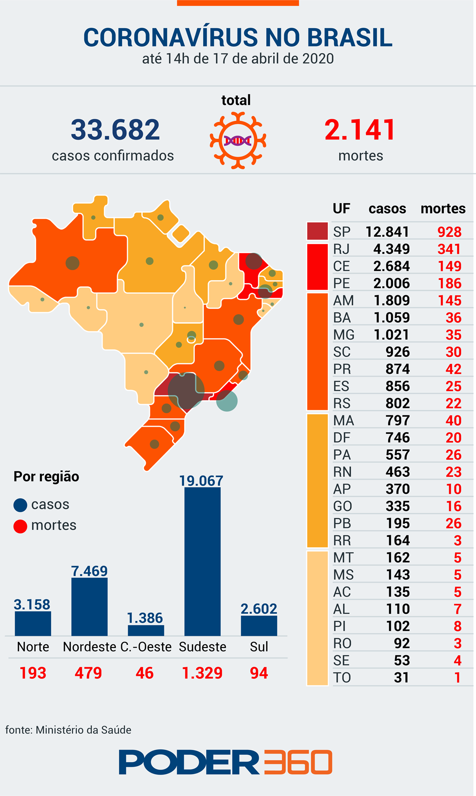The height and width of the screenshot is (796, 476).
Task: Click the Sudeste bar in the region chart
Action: tap(202, 561)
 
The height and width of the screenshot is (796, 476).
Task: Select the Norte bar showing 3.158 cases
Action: tap(33, 623)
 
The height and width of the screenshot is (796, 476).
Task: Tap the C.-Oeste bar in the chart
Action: tap(146, 630)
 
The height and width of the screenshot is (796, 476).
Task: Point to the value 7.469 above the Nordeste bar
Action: tap(89, 571)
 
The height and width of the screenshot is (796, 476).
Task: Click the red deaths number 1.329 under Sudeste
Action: tap(202, 673)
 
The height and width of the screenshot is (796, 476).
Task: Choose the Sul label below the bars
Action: tap(259, 646)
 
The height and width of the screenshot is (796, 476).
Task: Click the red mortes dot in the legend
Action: tap(20, 526)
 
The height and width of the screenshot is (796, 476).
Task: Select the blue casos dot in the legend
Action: tap(20, 505)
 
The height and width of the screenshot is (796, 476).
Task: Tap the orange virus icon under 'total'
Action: tap(238, 140)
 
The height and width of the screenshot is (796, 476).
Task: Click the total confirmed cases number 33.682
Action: tap(115, 129)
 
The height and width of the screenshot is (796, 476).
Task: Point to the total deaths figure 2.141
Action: tap(360, 129)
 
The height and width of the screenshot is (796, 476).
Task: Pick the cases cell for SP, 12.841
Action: tap(387, 232)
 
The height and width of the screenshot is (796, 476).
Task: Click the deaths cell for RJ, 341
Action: tap(450, 249)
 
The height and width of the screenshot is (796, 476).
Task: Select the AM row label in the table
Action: tap(343, 300)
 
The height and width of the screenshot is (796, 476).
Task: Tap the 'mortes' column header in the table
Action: tap(443, 209)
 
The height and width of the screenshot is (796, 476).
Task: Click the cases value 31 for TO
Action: tap(401, 677)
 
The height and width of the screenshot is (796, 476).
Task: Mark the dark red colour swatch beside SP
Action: tap(317, 231)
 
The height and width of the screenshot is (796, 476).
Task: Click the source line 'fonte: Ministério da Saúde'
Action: tap(68, 730)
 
